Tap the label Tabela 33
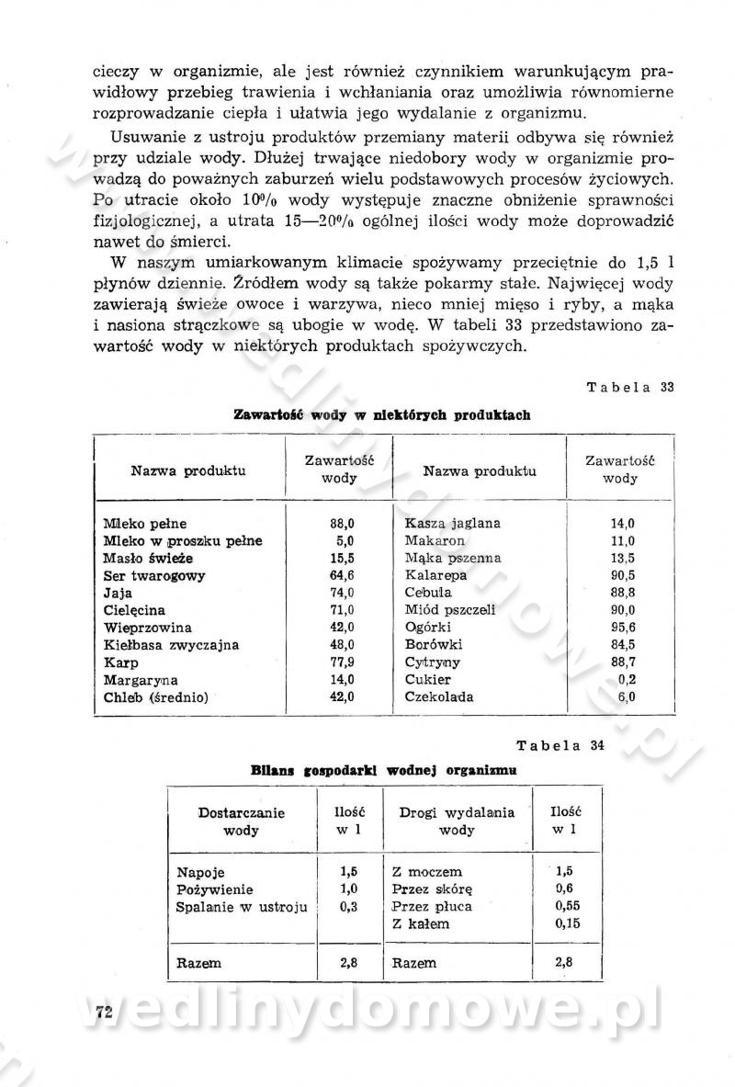(630, 387)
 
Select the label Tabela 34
(560, 744)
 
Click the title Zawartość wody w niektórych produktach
(382, 415)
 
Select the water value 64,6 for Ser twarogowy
(342, 576)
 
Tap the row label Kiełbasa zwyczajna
(171, 645)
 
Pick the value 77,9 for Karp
(342, 662)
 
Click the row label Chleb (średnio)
(156, 697)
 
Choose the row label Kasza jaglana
(453, 524)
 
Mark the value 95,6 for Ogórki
(623, 628)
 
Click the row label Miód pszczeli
(450, 610)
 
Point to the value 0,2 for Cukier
(628, 680)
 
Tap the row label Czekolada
(439, 697)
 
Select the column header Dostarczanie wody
(242, 821)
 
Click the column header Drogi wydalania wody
(457, 821)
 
